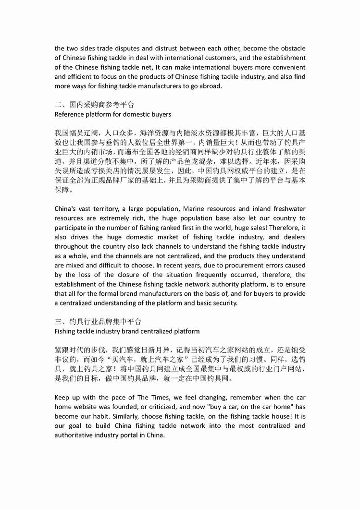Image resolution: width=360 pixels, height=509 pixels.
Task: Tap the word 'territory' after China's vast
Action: pos(113,208)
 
